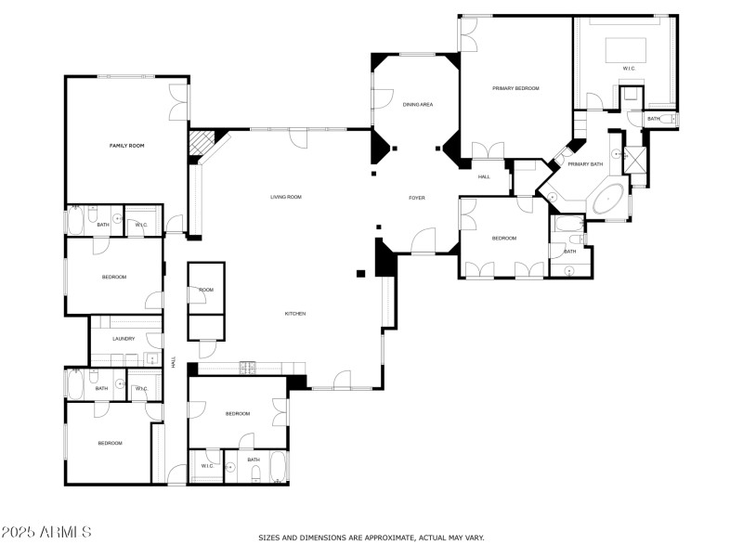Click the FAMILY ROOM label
coord(127,146)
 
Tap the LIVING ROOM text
coord(286,197)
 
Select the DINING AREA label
coord(418,105)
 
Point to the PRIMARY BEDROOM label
coord(515,88)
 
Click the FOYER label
coord(417,199)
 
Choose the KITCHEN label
coord(294,314)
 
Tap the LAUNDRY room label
coord(124,339)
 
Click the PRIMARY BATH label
coord(585,164)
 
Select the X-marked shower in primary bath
coord(634,158)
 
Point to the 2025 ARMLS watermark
coord(46,532)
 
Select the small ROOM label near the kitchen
coord(206,291)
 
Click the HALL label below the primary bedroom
coord(484,176)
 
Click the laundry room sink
coord(150,360)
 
